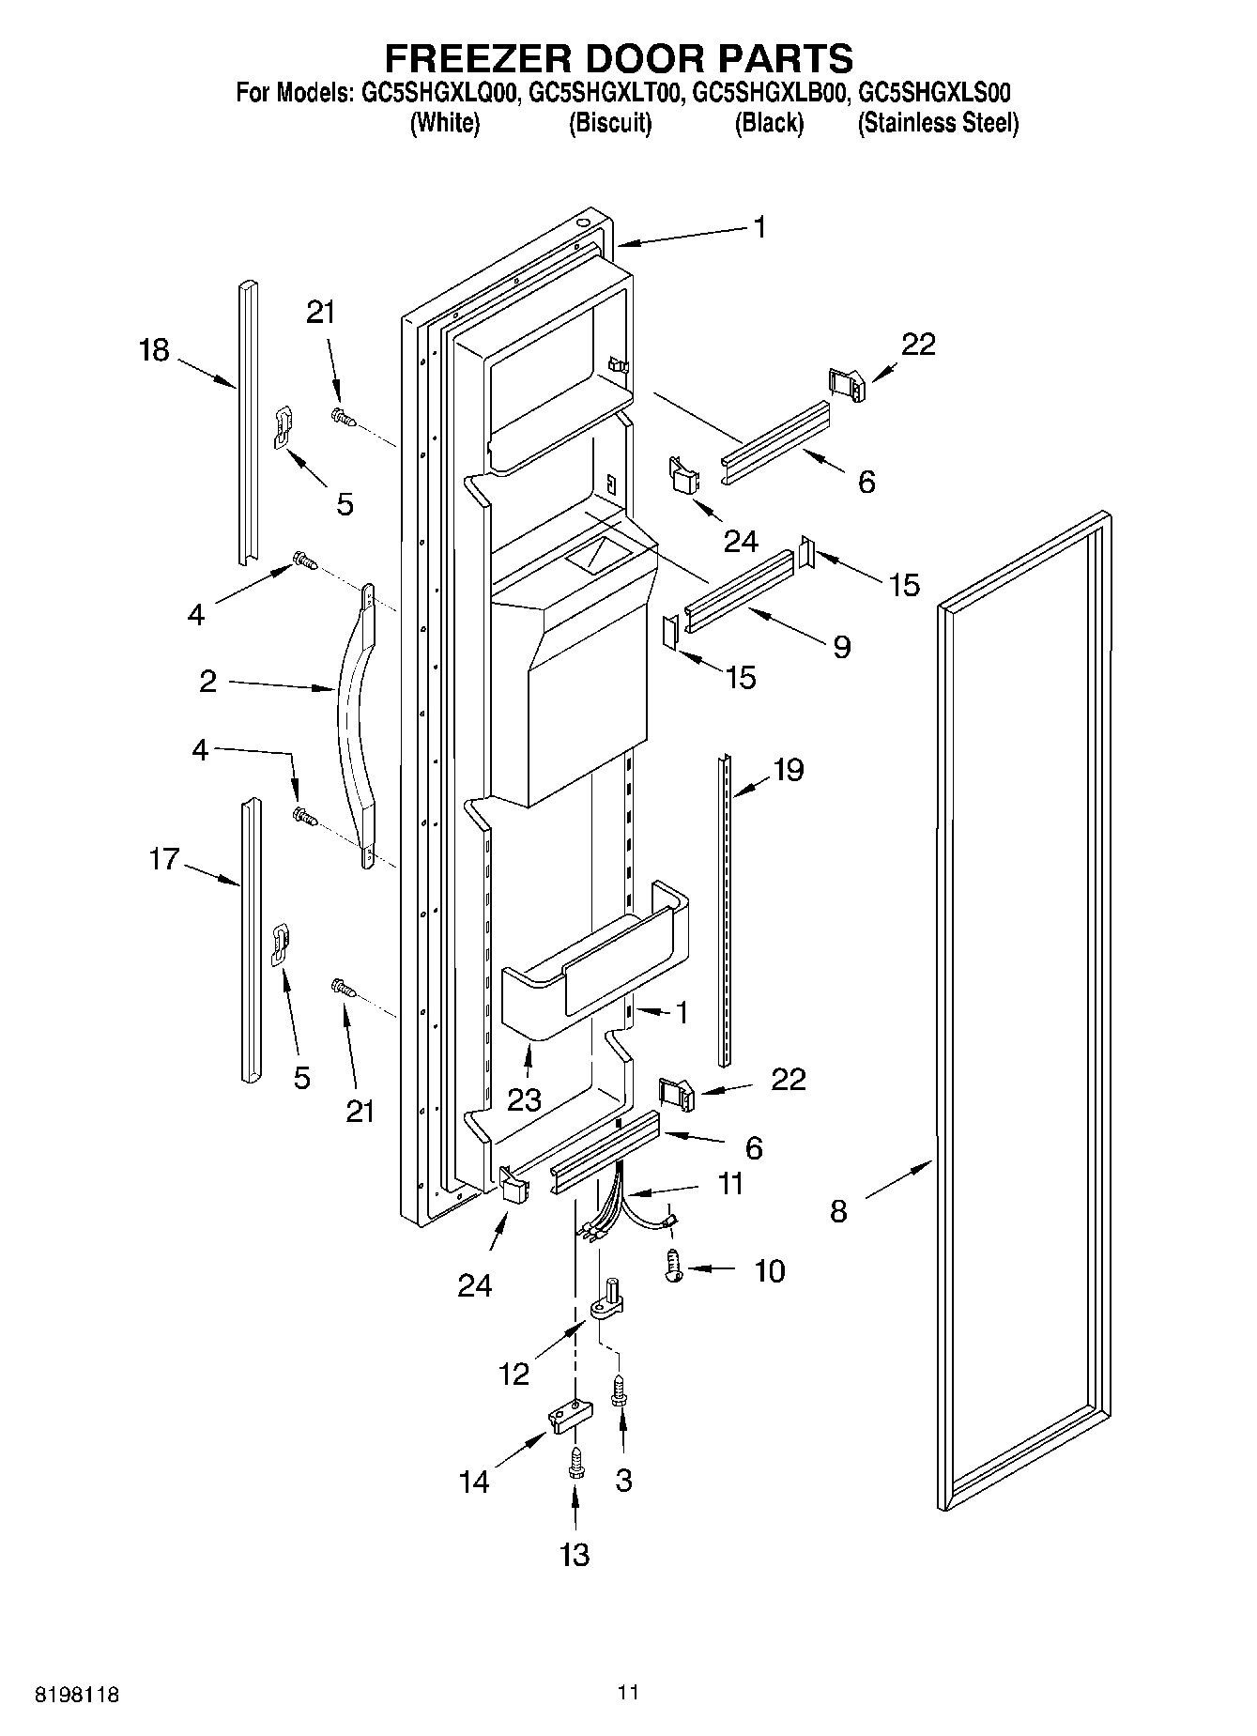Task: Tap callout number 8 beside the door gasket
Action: (x=838, y=1211)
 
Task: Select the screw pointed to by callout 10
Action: (x=673, y=1266)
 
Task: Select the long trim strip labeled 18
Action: (x=248, y=422)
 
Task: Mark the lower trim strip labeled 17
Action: (x=250, y=939)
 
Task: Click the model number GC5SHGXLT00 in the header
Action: (x=606, y=93)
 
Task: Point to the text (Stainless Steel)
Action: (x=938, y=123)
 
